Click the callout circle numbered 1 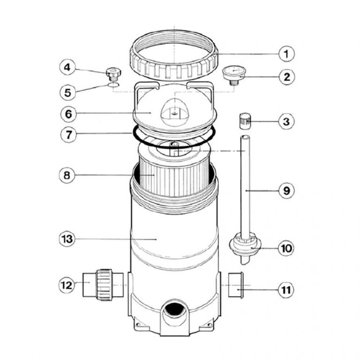pyautogui.click(x=286, y=54)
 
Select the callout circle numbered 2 pyautogui.click(x=286, y=76)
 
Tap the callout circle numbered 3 pyautogui.click(x=286, y=122)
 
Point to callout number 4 pyautogui.click(x=68, y=68)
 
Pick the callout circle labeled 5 pyautogui.click(x=68, y=92)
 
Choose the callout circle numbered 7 pyautogui.click(x=68, y=135)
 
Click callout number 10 pyautogui.click(x=286, y=247)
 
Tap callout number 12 pyautogui.click(x=68, y=285)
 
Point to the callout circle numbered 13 pyautogui.click(x=68, y=239)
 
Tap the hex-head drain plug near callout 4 pyautogui.click(x=113, y=73)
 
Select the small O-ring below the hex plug pyautogui.click(x=113, y=86)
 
